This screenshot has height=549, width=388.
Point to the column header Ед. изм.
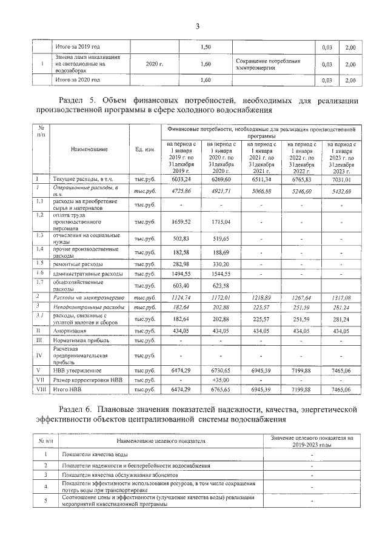pyautogui.click(x=145, y=149)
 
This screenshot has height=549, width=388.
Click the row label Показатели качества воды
pyautogui.click(x=95, y=454)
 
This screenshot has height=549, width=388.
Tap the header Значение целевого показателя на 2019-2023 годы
pyautogui.click(x=312, y=440)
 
